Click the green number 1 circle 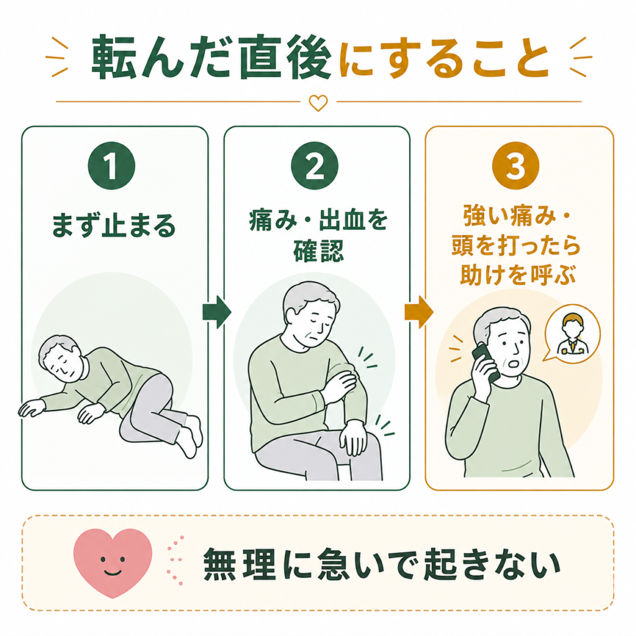[112, 165]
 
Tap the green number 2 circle [315, 165]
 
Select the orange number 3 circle [516, 165]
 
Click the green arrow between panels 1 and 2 [217, 312]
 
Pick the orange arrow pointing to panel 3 [419, 312]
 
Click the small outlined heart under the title [319, 102]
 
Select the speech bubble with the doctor [571, 334]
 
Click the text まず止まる [114, 225]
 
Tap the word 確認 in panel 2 [319, 251]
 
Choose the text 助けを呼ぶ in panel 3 [518, 275]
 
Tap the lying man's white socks [189, 437]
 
